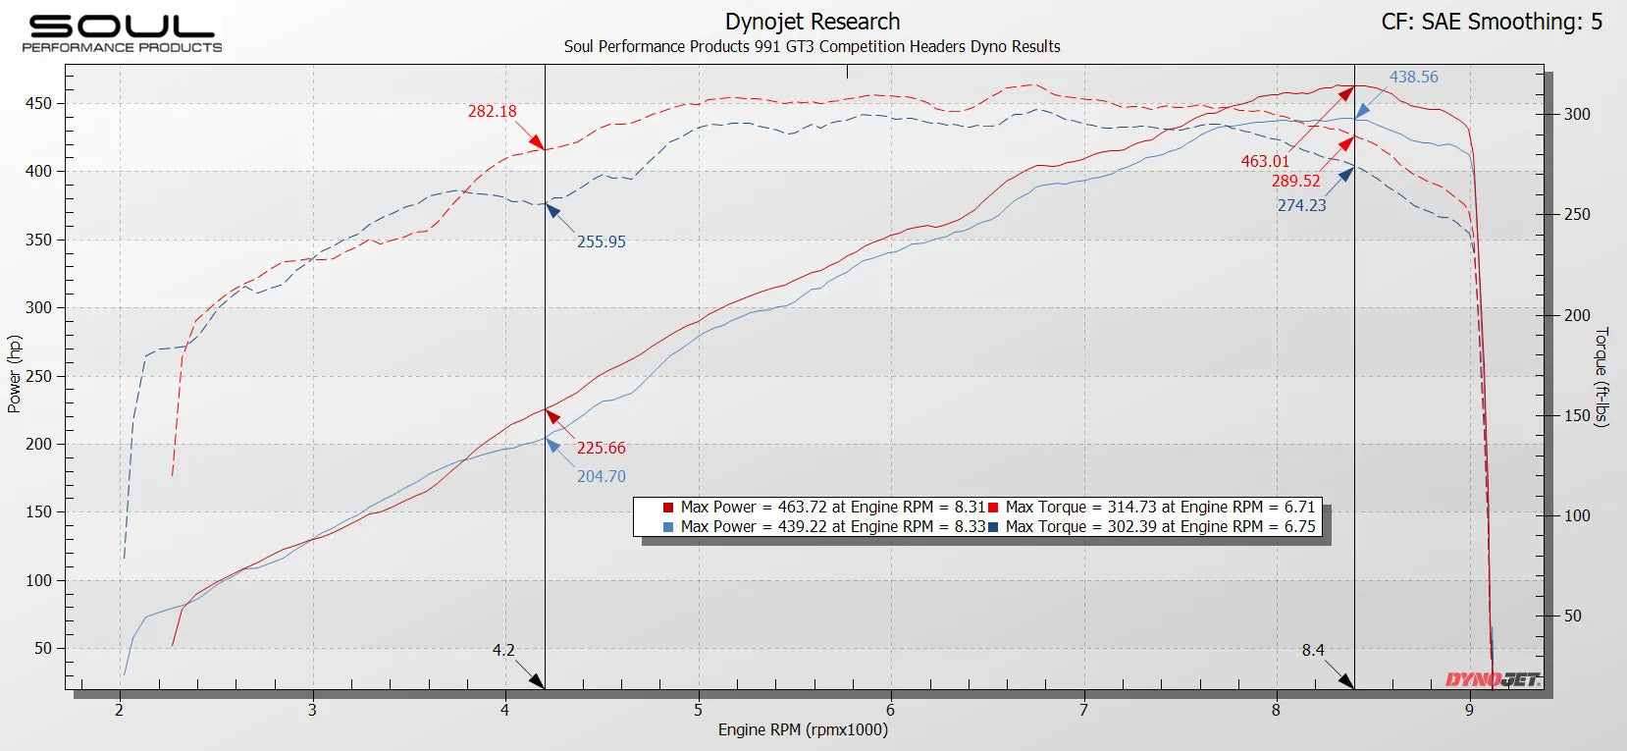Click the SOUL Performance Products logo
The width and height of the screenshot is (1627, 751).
coord(122,32)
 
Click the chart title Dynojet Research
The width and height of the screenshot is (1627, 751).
coord(812,22)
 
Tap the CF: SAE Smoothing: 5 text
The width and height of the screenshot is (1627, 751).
coord(1491,22)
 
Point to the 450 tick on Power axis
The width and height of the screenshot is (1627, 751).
coord(38,103)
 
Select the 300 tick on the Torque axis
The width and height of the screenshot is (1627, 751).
coord(1577,114)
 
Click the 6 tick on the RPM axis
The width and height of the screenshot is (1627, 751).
coord(890,710)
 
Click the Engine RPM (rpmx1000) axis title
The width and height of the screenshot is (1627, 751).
coord(802,729)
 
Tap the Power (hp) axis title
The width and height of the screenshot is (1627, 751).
coord(15,374)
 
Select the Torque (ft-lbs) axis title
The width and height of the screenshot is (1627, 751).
coord(1601,376)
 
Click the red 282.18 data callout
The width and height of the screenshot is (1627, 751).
coord(492,111)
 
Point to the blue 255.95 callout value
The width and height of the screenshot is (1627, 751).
coord(601,241)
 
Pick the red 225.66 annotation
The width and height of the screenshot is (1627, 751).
coord(601,448)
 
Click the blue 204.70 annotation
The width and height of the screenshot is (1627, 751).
coord(601,476)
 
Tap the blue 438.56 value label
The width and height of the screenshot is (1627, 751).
coord(1413,77)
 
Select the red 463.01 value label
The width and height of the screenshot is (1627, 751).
coord(1265,161)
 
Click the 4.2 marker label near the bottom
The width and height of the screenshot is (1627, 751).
coord(503,650)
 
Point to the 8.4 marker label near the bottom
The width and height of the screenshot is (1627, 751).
coord(1313,650)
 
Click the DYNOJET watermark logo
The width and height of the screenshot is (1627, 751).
coord(1492,679)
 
